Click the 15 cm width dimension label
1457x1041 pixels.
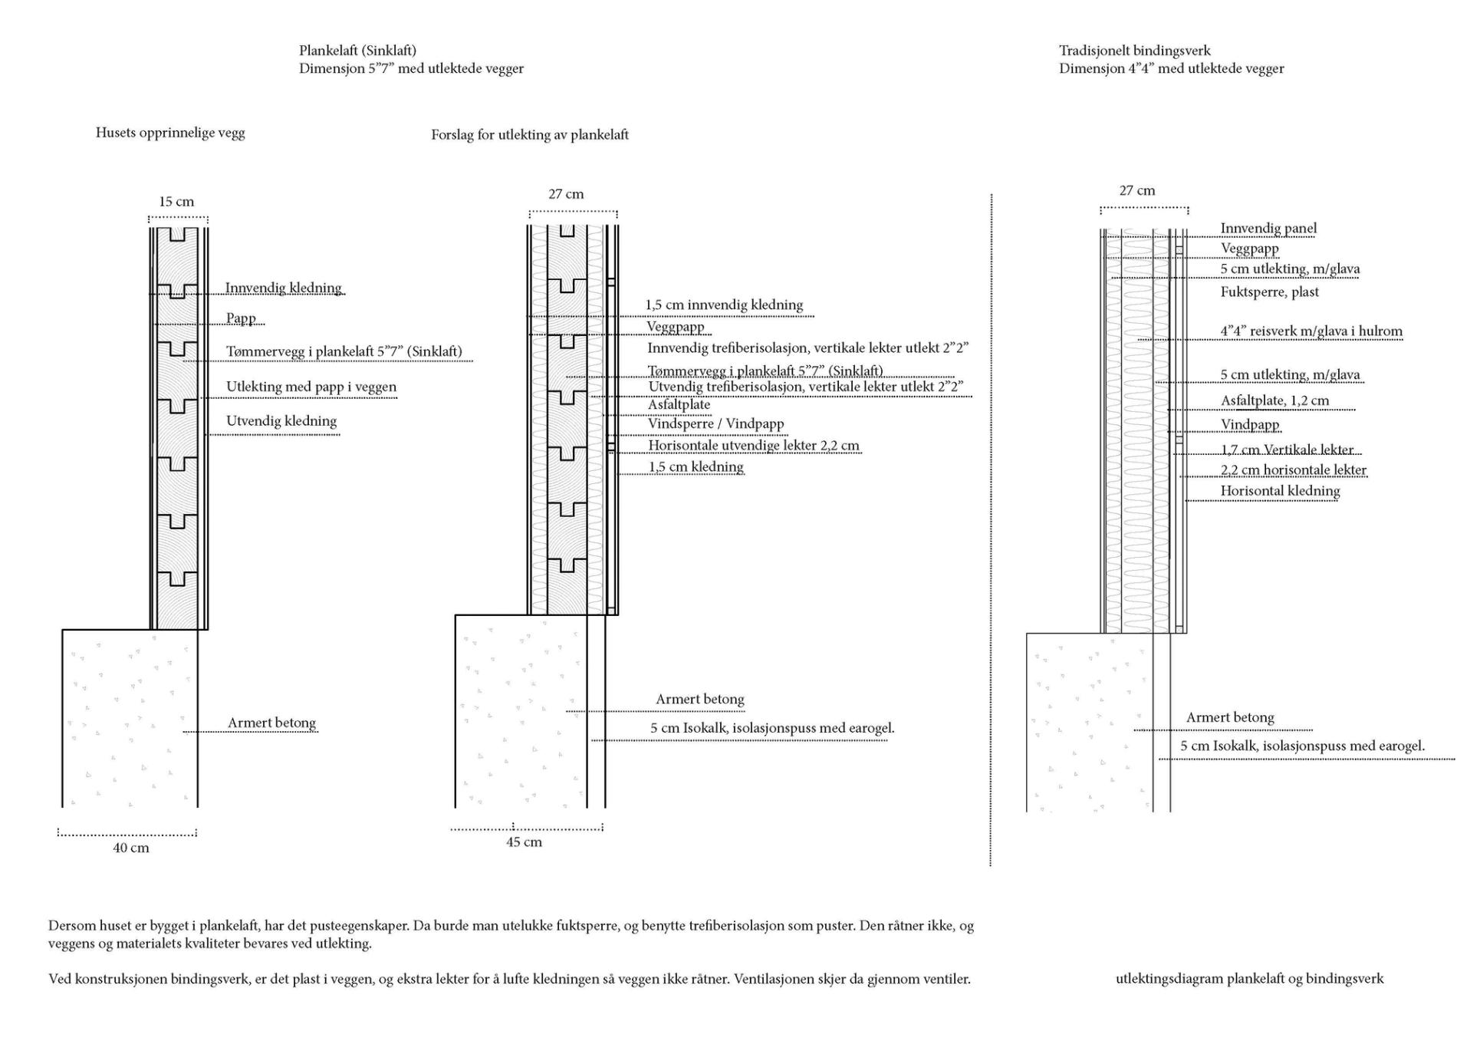176,202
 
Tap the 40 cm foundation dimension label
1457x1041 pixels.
131,848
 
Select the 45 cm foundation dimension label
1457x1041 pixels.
524,842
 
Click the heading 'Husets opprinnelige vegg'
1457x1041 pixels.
170,133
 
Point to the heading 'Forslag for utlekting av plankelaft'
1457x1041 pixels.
530,135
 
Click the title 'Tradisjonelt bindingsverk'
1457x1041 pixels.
1135,51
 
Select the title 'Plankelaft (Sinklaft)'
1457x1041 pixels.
357,51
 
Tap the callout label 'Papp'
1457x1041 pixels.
241,318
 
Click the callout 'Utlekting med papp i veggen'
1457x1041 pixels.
311,387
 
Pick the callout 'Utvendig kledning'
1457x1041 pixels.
281,421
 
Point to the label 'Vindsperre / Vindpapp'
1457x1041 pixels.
715,423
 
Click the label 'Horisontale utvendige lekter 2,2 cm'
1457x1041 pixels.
754,446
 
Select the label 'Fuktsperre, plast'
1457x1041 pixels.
1270,292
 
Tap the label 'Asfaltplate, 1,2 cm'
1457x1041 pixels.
1275,400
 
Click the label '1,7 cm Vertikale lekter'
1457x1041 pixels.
1287,450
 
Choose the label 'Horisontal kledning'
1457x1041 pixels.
1280,491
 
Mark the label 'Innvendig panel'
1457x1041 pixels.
1268,228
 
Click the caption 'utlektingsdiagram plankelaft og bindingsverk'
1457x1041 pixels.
1250,979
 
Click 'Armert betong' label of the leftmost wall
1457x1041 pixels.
271,723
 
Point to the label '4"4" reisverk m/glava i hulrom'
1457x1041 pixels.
1311,331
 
